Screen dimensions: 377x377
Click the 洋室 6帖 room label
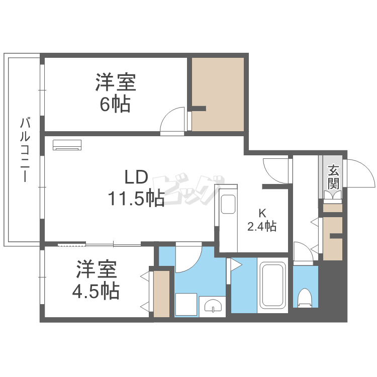click(115, 92)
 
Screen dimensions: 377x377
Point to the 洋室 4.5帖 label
click(98, 279)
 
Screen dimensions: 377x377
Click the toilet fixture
click(305, 298)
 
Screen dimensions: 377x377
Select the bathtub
click(272, 286)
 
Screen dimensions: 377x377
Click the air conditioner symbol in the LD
click(67, 144)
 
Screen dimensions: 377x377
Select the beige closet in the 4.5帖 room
click(162, 294)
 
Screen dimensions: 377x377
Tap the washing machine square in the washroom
click(185, 305)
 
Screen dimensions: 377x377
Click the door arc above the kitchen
click(275, 171)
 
